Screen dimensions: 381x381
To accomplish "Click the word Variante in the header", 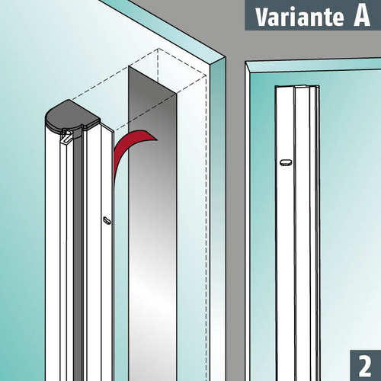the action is (299, 17).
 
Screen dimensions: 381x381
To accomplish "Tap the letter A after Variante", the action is (362, 16).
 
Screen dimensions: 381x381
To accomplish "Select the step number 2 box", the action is (365, 365).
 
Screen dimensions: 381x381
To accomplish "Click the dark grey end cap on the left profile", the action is (71, 117).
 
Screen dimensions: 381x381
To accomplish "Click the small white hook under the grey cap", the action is (66, 136).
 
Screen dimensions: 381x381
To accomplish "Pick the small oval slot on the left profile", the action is (107, 220).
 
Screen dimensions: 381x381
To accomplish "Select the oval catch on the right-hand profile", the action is (286, 162).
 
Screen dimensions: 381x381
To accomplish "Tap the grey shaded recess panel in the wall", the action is (152, 223).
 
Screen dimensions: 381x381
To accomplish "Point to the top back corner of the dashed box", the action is (158, 48).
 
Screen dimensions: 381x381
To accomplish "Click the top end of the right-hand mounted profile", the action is (297, 87).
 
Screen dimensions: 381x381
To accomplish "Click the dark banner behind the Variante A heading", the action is (313, 15).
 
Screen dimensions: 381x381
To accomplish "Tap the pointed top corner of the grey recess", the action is (129, 66).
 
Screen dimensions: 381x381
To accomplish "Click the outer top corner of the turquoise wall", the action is (225, 57).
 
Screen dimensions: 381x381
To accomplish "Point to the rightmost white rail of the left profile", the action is (107, 254).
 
